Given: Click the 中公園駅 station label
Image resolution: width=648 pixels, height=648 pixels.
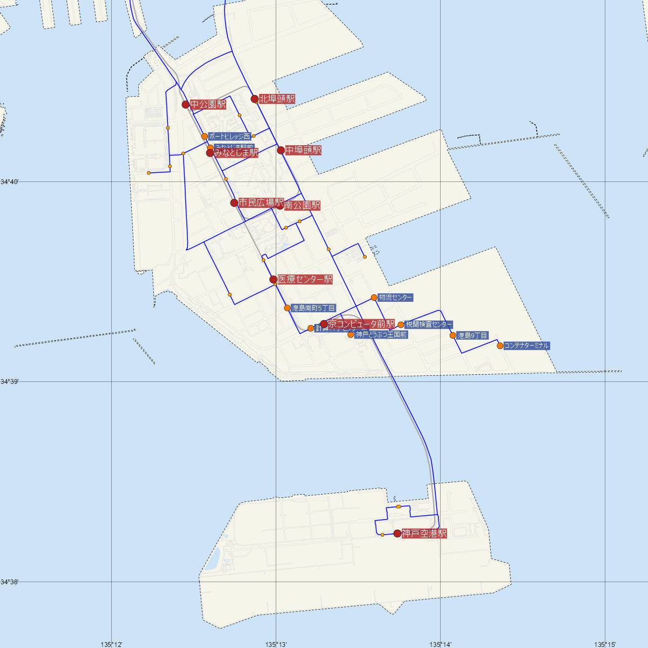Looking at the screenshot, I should (x=208, y=104).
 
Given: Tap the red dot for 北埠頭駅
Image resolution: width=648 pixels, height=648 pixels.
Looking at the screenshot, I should (x=254, y=99).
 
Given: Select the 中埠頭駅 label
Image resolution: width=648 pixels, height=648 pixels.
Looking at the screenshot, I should (x=303, y=150).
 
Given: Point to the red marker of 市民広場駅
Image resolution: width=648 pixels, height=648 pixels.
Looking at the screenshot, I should (x=234, y=203).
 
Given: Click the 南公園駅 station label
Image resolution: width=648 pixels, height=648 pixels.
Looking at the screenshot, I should (x=302, y=206).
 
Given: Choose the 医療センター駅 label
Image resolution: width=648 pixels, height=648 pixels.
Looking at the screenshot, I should (x=305, y=280).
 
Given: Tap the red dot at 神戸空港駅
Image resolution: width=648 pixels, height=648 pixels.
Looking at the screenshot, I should (x=397, y=534).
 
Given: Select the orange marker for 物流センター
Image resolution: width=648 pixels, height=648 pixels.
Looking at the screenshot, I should (x=374, y=298).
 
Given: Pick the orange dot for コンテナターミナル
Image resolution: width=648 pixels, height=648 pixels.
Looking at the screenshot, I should (x=500, y=346).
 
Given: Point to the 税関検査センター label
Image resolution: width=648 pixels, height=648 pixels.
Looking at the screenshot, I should (x=429, y=325).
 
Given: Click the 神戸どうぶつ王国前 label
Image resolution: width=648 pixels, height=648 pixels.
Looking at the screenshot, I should (x=381, y=335).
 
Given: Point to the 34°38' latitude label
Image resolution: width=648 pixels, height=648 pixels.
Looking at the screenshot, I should (x=10, y=582).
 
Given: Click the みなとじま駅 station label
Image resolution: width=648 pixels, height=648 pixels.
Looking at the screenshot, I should (x=236, y=153).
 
